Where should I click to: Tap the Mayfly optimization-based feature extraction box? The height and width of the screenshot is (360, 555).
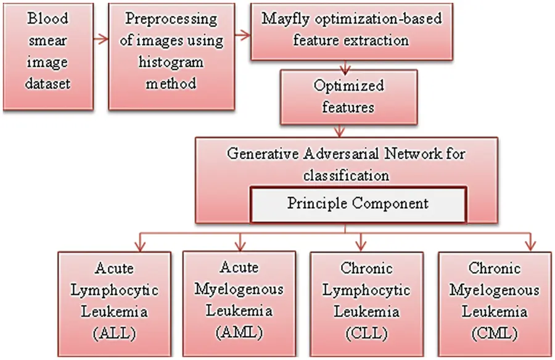(x=351, y=31)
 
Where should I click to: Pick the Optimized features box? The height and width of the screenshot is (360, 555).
(x=348, y=96)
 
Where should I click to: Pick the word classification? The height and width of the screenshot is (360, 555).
(x=346, y=175)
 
